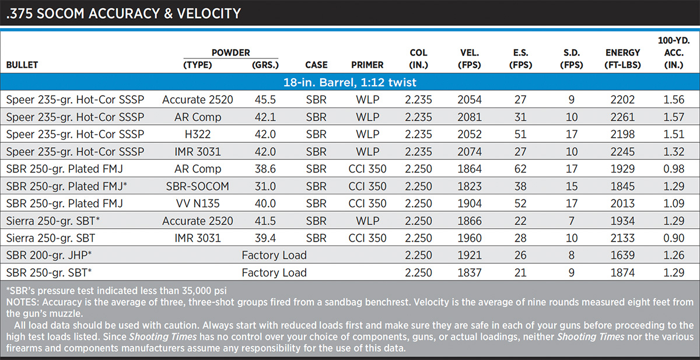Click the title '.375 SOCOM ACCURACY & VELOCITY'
coord(124,13)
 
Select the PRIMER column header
coord(367,65)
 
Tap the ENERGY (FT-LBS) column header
coord(622,59)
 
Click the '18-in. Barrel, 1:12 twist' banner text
coord(349,82)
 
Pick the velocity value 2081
coord(470,117)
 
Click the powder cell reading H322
coord(198,134)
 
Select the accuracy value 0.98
coord(674,169)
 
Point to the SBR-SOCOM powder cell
coord(198,186)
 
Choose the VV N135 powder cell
coord(198,204)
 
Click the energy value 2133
coord(622,238)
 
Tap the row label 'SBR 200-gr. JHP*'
coord(49,256)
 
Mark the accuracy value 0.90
coord(674,238)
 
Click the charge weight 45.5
coord(265,100)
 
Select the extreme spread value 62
coord(520,169)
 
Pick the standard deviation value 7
coord(571,221)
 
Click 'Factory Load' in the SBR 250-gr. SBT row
coord(274,273)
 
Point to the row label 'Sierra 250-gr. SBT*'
coord(53,221)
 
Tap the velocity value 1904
coord(470,204)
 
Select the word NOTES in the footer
coord(23,302)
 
